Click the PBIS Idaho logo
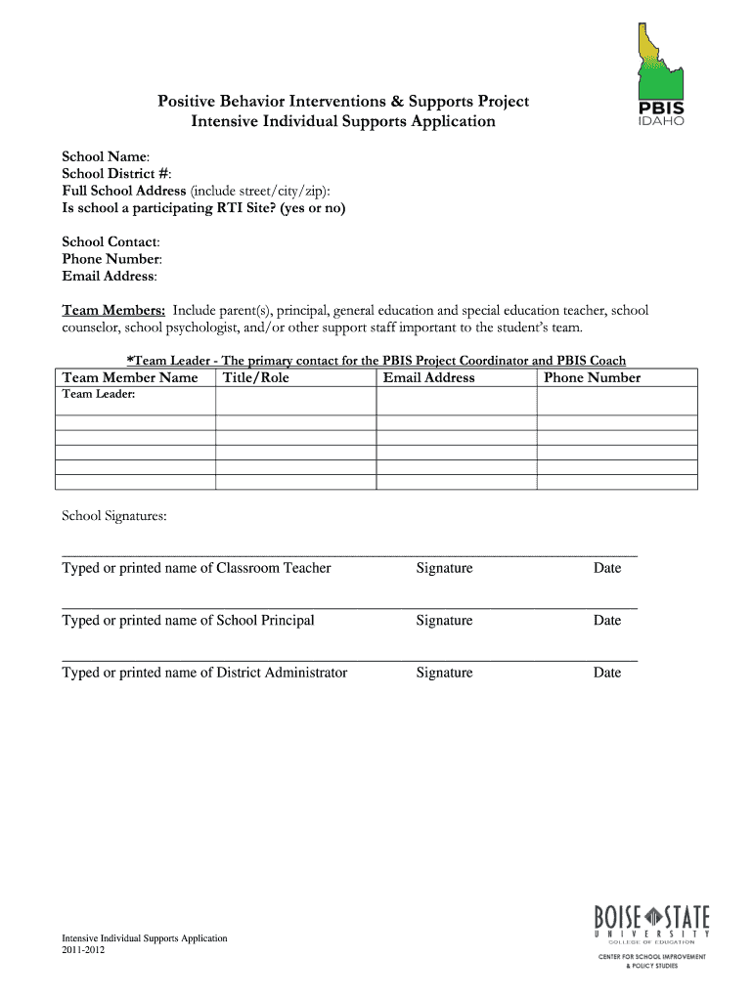point(661,74)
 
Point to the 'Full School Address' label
point(124,191)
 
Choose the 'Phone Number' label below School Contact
point(111,259)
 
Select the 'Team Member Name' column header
point(130,378)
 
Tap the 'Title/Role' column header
point(256,378)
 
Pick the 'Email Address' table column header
point(428,378)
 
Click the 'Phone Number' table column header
point(592,378)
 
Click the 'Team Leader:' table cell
point(99,395)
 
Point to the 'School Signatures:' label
point(114,515)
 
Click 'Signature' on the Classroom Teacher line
point(444,568)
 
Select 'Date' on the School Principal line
point(606,621)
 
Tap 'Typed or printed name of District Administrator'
point(204,673)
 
